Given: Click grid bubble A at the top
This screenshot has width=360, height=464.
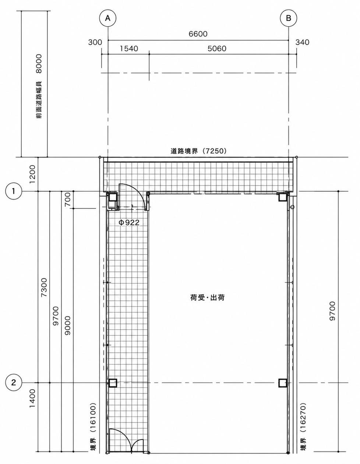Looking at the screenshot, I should (x=108, y=18).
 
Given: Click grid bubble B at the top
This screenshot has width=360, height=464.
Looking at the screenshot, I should (x=288, y=18).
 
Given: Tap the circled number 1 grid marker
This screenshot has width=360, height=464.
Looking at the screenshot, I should (x=14, y=191).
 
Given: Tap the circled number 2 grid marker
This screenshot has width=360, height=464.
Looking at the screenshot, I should (x=14, y=383).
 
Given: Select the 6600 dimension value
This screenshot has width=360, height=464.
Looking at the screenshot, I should (x=198, y=34).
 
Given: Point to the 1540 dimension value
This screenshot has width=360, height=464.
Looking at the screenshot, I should (x=129, y=49).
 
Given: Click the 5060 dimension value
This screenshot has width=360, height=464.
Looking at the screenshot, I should (x=217, y=49).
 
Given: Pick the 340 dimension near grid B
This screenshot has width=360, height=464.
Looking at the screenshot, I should (x=302, y=42).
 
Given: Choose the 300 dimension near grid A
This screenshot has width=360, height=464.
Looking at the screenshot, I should (x=95, y=42).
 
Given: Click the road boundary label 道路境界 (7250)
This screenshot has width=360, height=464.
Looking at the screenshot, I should (x=198, y=151).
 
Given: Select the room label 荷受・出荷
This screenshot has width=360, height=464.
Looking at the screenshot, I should (x=208, y=298).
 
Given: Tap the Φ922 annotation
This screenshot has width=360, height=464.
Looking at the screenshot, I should (x=128, y=222).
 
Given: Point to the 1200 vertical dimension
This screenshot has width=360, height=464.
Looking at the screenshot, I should (x=32, y=175).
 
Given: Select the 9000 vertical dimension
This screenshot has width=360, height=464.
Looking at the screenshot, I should (x=67, y=326).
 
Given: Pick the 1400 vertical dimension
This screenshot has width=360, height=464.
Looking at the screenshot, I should (x=32, y=398).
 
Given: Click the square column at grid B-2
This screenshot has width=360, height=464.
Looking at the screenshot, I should (x=283, y=383).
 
